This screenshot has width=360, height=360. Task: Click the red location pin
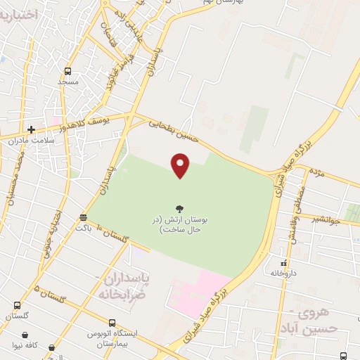tap(181, 165)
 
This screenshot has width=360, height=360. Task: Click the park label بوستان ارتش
tap(181, 224)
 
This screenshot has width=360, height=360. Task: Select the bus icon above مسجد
tap(68, 71)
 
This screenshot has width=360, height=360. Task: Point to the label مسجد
tap(68, 82)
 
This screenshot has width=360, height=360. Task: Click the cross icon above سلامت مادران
tap(31, 129)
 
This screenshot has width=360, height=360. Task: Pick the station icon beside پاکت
tap(84, 217)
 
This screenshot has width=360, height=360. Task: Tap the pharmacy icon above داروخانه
tap(283, 262)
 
